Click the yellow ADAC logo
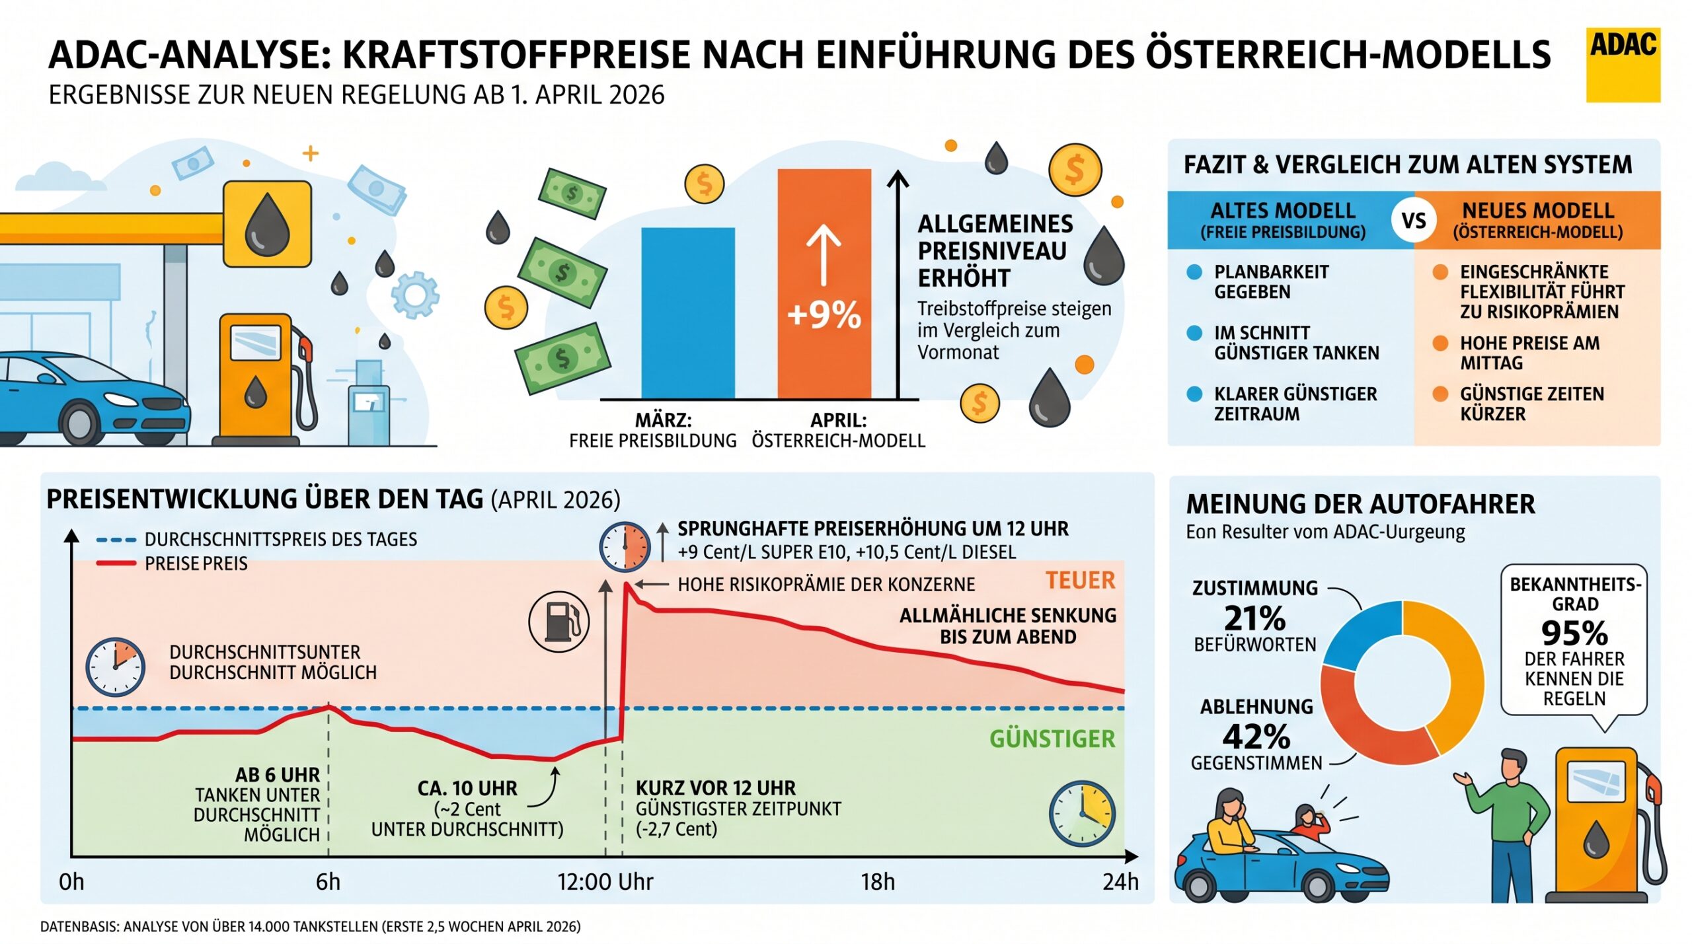pos(1622,65)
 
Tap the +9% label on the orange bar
pos(824,314)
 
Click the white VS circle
pos(1413,220)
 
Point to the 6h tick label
pos(328,882)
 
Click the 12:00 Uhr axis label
pos(605,882)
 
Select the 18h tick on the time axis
pos(877,882)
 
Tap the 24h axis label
pos(1120,882)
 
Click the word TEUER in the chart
pos(1080,581)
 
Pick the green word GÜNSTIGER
pos(1052,739)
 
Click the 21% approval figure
pos(1254,619)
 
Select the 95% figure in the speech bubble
pos(1574,634)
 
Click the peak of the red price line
pos(626,584)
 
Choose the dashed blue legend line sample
pos(116,540)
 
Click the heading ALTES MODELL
pos(1282,211)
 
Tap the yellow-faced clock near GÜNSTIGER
pos(1082,814)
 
